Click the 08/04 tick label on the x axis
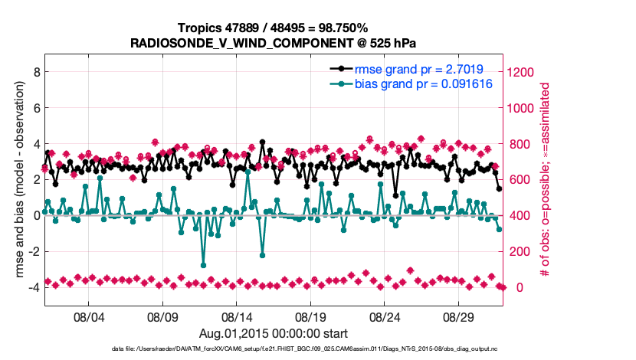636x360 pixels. [88, 316]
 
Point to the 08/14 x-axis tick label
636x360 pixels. [237, 316]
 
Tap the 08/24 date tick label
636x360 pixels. [385, 316]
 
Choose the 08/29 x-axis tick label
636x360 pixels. [460, 316]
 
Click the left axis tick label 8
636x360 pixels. [34, 72]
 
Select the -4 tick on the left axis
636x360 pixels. [32, 287]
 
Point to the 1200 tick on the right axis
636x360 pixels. [522, 72]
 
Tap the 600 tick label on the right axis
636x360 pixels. [519, 180]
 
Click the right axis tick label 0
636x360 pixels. [512, 287]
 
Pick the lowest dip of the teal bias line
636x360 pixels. [204, 265]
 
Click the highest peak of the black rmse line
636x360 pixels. [262, 142]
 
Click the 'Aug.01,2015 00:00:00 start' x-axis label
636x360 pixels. [273, 333]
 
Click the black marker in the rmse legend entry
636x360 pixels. [343, 68]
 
